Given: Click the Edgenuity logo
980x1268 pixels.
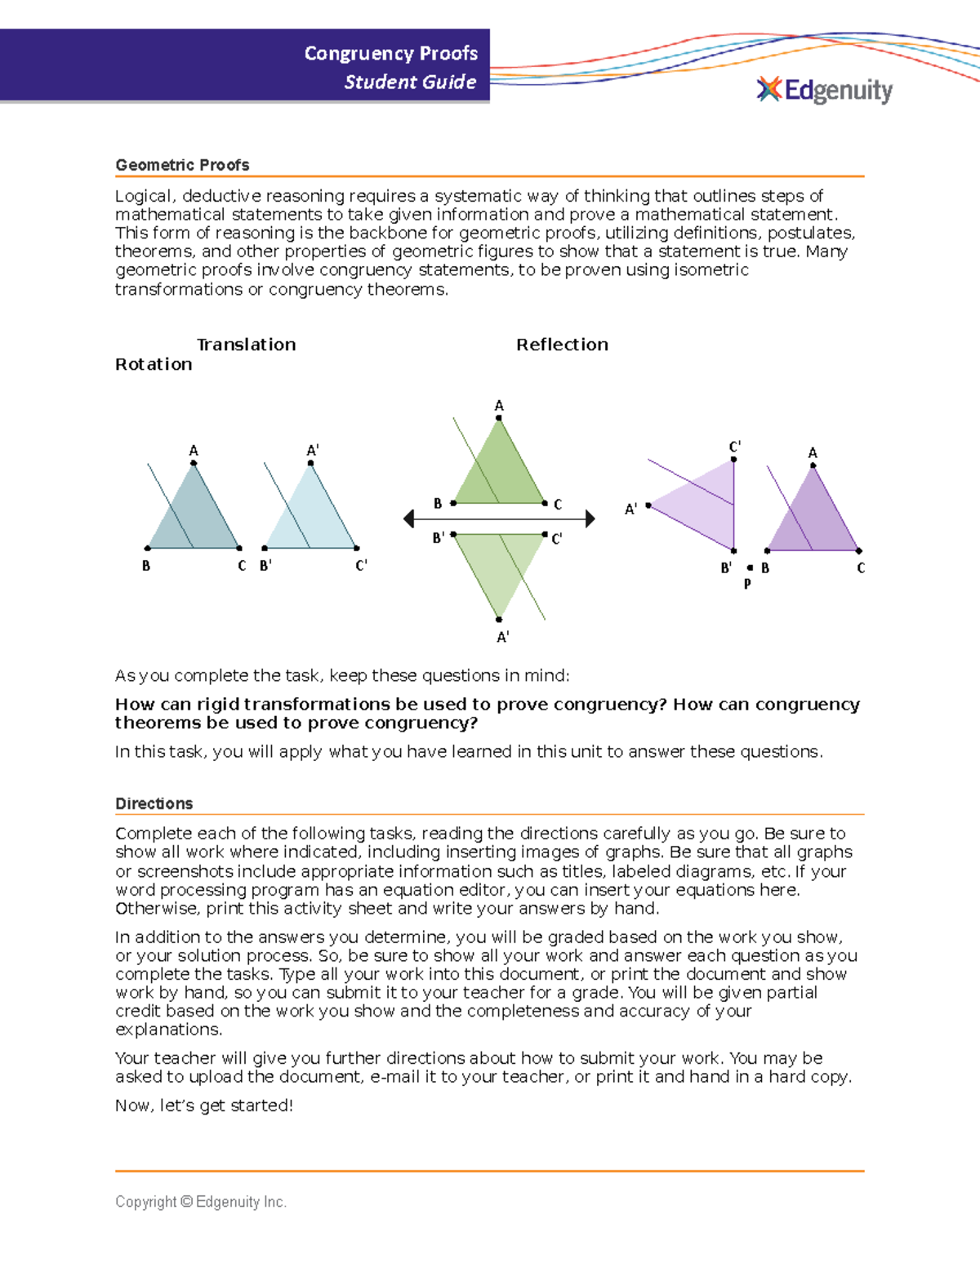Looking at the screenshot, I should [x=825, y=90].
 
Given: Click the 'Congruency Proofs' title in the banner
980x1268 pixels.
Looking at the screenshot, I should [x=390, y=53].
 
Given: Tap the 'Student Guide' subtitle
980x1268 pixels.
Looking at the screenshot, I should [x=410, y=82].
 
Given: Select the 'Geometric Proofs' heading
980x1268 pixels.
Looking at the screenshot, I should [x=182, y=165].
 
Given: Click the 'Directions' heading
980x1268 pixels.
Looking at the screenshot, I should [x=154, y=803].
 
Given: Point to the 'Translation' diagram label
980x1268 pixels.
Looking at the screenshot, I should [x=246, y=345].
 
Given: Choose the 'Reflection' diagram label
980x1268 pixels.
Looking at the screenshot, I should [x=562, y=345].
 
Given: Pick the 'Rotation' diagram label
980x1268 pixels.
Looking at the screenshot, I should [x=154, y=364].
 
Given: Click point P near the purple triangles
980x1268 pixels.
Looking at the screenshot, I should [x=750, y=567].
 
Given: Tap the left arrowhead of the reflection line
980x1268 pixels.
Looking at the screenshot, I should [x=410, y=518].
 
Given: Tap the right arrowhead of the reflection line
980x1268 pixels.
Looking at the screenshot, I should [x=590, y=518].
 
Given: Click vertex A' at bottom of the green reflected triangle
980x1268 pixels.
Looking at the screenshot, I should [x=499, y=620].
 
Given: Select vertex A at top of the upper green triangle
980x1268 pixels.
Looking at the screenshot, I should [x=499, y=418].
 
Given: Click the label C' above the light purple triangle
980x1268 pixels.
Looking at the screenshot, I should [x=734, y=447].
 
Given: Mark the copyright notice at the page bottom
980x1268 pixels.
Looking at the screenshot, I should [x=201, y=1202].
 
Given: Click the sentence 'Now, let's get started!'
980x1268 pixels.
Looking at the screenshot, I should [x=203, y=1106].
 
